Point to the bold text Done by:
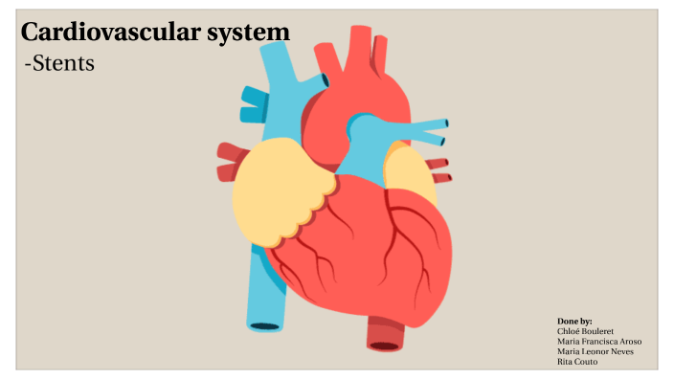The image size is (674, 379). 574,321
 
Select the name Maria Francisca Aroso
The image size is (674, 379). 598,341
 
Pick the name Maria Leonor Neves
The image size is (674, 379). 595,351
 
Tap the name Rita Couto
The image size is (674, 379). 576,362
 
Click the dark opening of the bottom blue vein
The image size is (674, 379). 265,326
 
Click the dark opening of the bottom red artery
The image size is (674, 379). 386,346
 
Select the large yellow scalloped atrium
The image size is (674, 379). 278,191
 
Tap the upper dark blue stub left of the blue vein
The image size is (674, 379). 252,95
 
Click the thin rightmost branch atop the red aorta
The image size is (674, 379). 381,53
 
